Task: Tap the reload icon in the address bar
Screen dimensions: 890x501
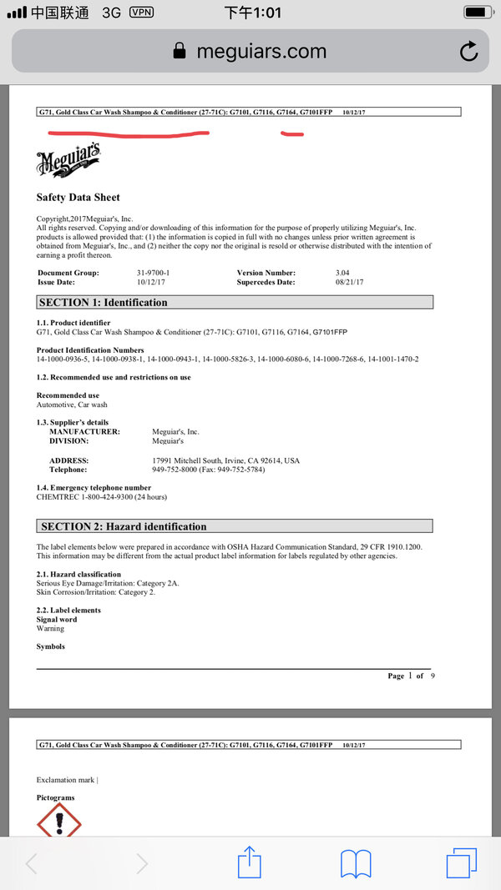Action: (469, 51)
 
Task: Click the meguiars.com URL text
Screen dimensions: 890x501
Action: (261, 51)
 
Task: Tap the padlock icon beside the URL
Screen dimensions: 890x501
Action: (179, 51)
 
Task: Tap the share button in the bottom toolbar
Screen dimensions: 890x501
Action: (250, 862)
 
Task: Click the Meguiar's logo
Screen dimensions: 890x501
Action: (69, 159)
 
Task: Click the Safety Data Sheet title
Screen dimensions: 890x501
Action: (78, 198)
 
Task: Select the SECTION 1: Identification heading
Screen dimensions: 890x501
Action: (104, 302)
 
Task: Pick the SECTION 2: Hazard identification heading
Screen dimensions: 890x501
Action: (123, 526)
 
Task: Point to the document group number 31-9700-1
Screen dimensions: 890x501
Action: (154, 273)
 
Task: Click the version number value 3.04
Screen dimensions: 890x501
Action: (343, 273)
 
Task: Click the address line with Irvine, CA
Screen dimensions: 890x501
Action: (225, 460)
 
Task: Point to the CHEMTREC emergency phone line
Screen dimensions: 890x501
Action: (102, 497)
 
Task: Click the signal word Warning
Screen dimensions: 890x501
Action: (50, 629)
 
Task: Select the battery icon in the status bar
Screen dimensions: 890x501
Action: (478, 13)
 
